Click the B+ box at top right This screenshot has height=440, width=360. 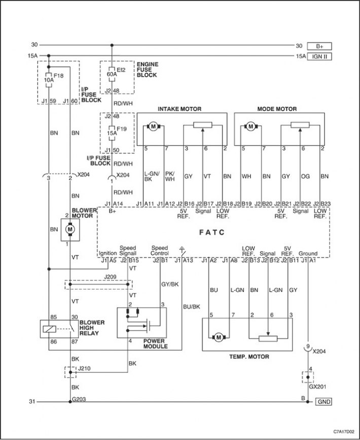319,46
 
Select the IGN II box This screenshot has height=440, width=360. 319,56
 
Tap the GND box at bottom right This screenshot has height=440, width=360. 323,401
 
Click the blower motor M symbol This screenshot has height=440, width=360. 70,230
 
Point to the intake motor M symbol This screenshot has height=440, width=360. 153,127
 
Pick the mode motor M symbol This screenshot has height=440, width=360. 250,127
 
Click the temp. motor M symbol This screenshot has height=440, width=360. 219,337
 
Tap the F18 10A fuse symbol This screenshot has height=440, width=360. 49,80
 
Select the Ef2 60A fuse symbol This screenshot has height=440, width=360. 112,75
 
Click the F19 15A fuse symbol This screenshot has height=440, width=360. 112,133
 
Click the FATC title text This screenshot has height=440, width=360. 212,232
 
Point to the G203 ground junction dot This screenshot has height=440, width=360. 70,401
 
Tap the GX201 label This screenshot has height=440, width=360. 317,387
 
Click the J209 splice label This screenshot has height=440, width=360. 110,277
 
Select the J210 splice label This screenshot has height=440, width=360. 84,368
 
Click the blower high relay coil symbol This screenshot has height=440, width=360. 49,329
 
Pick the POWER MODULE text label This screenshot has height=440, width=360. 156,344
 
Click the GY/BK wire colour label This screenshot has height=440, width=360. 170,284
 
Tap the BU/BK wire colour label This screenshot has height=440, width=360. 192,307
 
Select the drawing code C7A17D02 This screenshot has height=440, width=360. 344,431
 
